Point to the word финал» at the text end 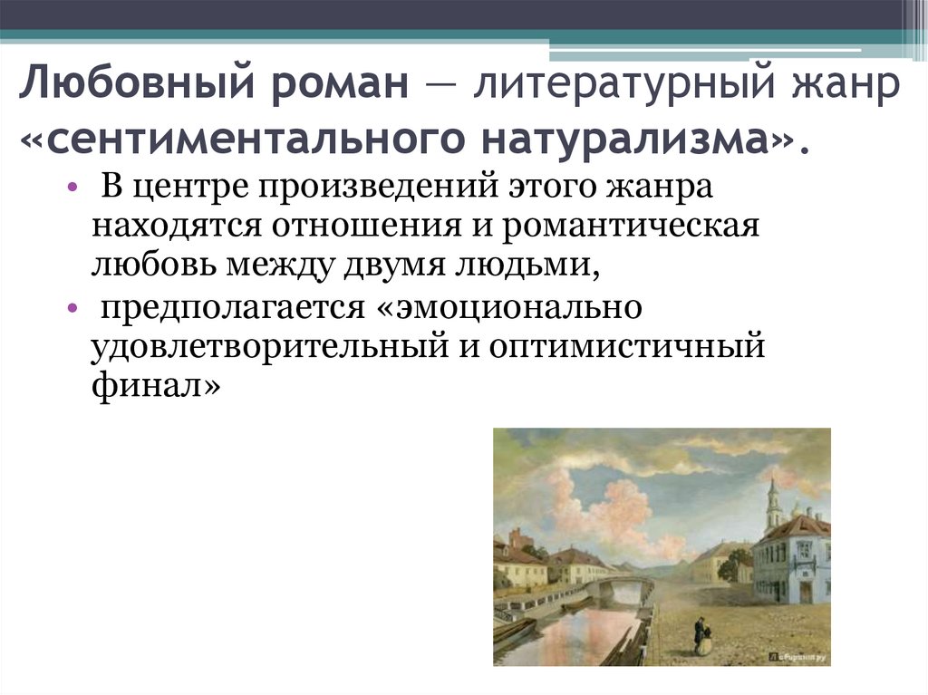tap(155, 387)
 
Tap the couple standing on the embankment tap(700, 634)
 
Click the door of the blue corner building tap(804, 591)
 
